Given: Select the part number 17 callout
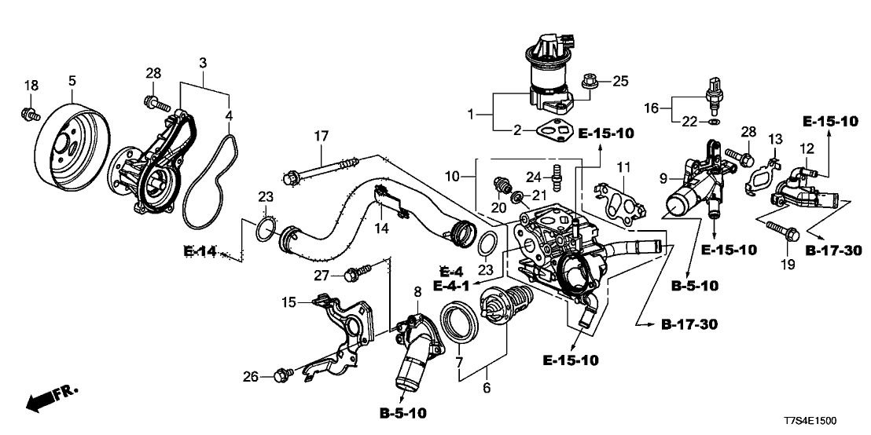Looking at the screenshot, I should [320, 136].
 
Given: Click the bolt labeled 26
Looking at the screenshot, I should [281, 376].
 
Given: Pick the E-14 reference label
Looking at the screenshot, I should [200, 251].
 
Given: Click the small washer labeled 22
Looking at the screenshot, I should [711, 122].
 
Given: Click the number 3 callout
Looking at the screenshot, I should [202, 61].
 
